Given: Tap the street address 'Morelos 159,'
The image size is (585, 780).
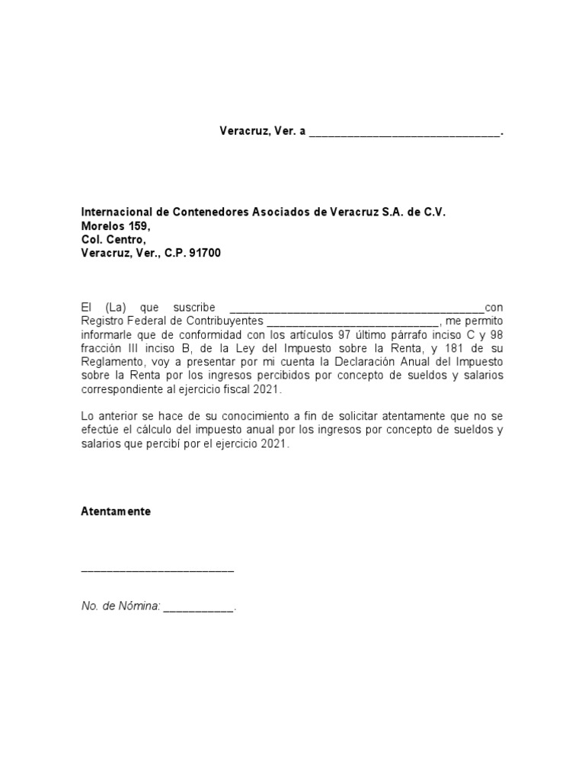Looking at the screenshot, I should tap(116, 226).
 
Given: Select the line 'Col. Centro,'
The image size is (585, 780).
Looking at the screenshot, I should tap(113, 240).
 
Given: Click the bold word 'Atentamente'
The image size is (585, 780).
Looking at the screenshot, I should tap(116, 512).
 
